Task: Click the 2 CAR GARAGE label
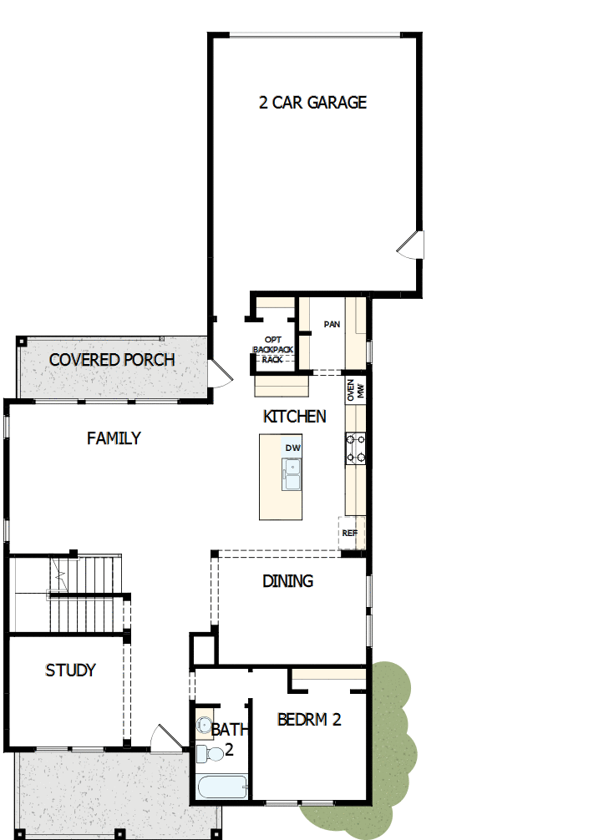pyautogui.click(x=312, y=103)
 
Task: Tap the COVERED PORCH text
pyautogui.click(x=112, y=360)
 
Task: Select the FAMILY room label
pyautogui.click(x=114, y=438)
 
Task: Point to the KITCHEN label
pyautogui.click(x=294, y=416)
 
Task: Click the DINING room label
pyautogui.click(x=287, y=580)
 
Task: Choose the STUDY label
pyautogui.click(x=70, y=670)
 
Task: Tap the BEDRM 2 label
pyautogui.click(x=309, y=719)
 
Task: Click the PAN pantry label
pyautogui.click(x=332, y=324)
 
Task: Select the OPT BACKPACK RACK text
pyautogui.click(x=273, y=350)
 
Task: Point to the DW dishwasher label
pyautogui.click(x=292, y=448)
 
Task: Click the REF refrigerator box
pyautogui.click(x=350, y=532)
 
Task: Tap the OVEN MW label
pyautogui.click(x=356, y=390)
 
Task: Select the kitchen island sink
pyautogui.click(x=292, y=475)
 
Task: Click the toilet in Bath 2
pyautogui.click(x=211, y=753)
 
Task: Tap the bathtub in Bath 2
pyautogui.click(x=222, y=787)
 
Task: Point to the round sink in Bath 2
pyautogui.click(x=205, y=724)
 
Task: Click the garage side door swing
pyautogui.click(x=411, y=244)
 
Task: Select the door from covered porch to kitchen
pyautogui.click(x=218, y=372)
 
